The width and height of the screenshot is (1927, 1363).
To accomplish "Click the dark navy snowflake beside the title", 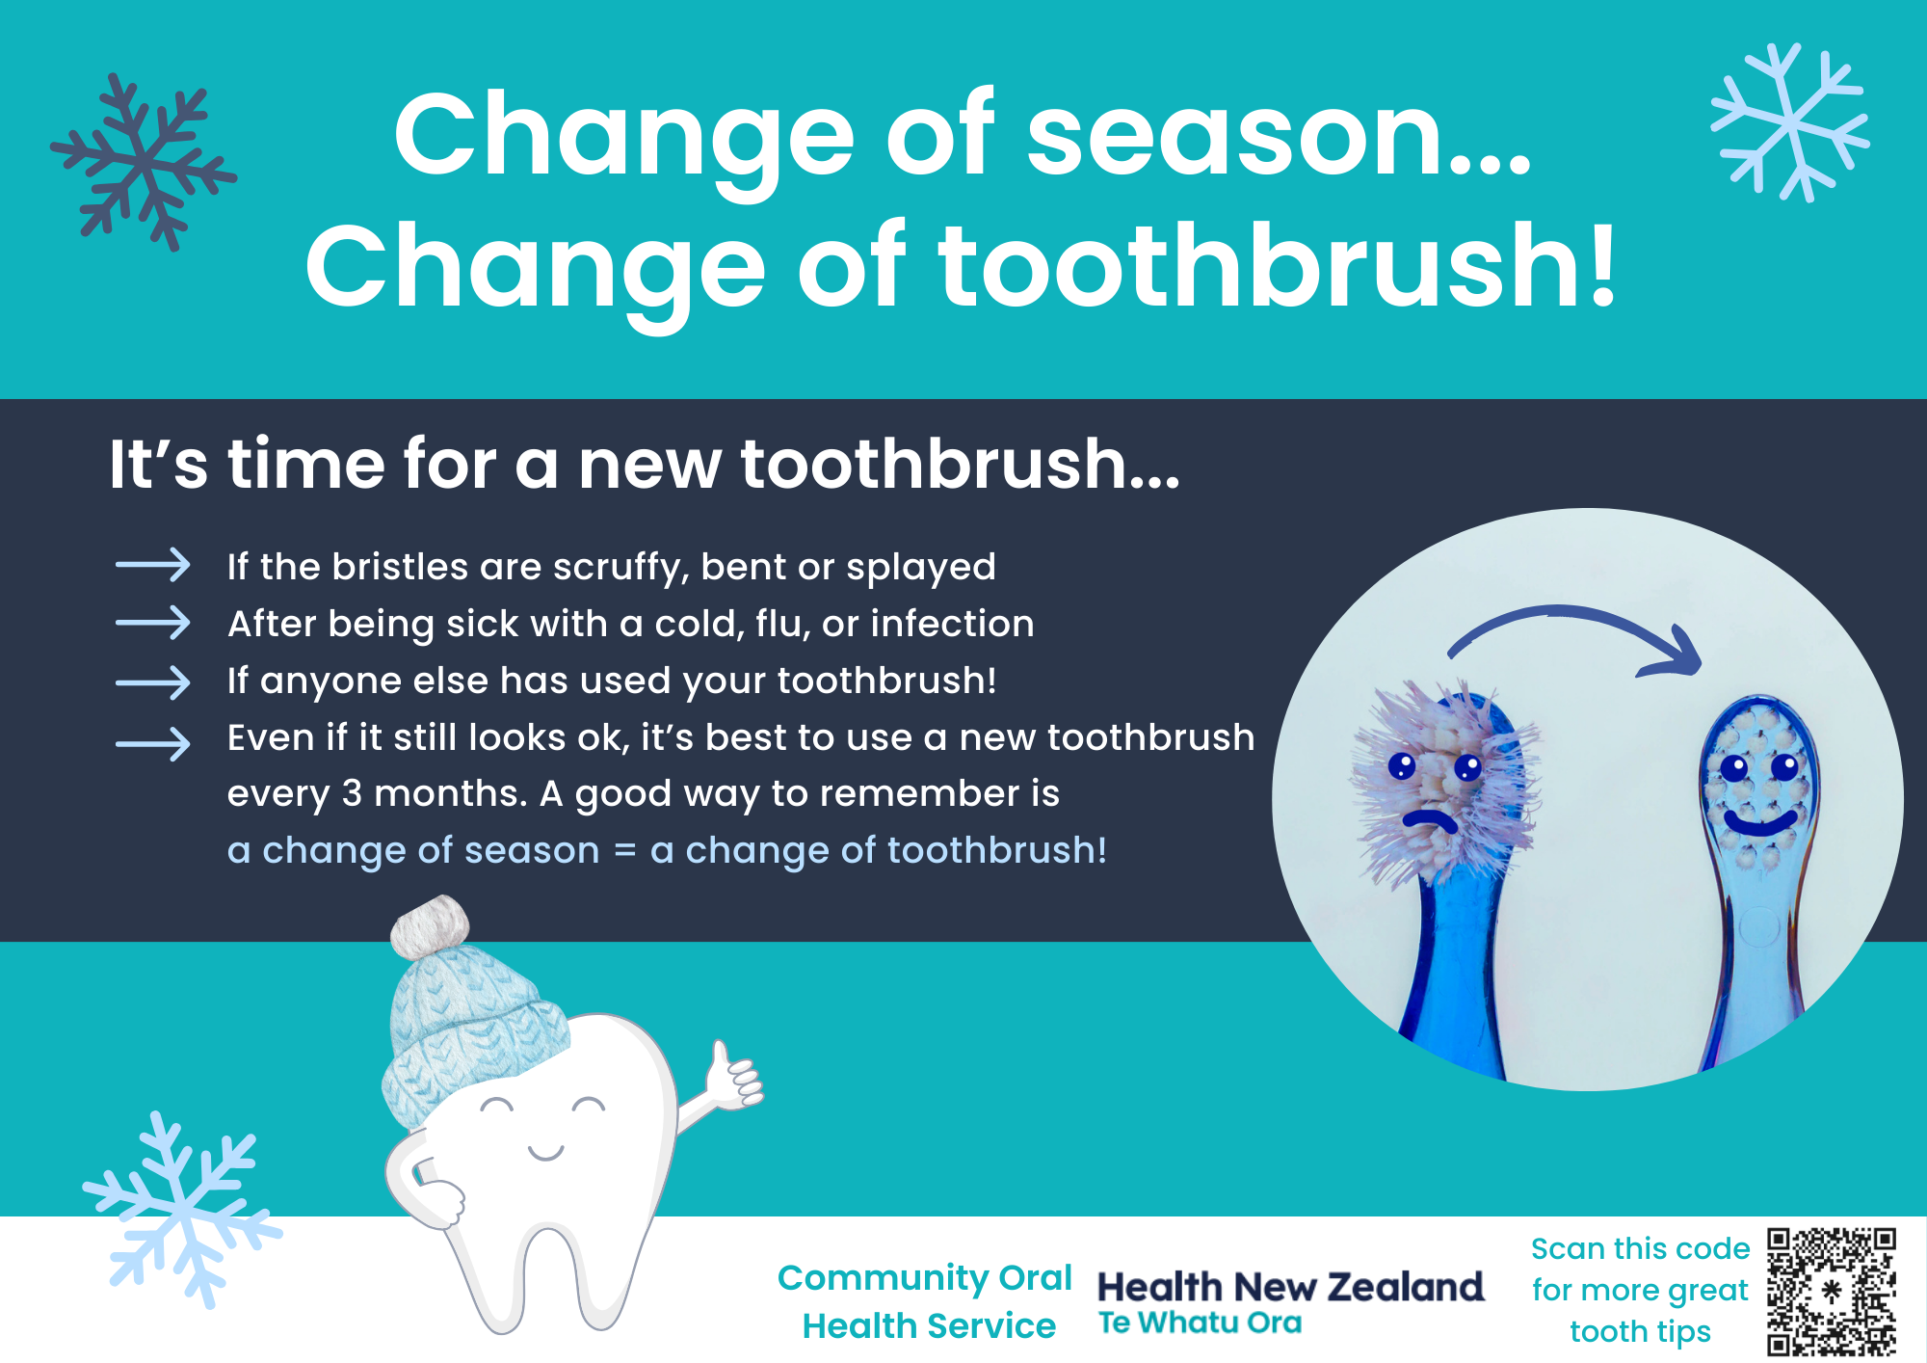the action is [144, 162].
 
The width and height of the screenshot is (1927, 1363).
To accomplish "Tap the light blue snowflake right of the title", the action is [1790, 122].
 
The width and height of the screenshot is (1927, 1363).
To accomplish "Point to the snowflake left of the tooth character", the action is [182, 1210].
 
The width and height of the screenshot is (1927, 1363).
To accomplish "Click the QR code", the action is [1832, 1292].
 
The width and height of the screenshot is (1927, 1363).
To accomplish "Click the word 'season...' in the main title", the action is [1280, 135].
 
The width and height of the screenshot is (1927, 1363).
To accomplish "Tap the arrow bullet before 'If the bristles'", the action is [152, 565].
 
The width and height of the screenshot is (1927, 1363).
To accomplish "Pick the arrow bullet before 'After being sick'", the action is [152, 623].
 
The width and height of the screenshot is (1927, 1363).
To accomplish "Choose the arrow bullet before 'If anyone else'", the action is [152, 683].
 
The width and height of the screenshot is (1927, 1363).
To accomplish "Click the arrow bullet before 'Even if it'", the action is [152, 744].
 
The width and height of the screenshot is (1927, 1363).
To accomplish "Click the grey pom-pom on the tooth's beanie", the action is [430, 926].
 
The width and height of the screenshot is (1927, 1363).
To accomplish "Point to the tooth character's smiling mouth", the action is [545, 1152].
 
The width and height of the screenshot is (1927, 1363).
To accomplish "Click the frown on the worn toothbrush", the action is [1430, 820].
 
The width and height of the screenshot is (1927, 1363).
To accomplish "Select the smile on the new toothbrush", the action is [1759, 822].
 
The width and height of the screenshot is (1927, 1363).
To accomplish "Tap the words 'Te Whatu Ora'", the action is [1200, 1323].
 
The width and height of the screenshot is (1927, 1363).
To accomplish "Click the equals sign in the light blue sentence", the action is [625, 851].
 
